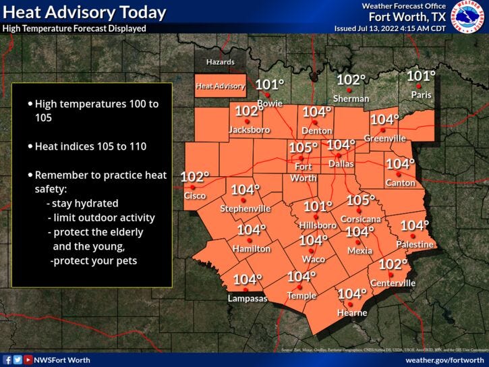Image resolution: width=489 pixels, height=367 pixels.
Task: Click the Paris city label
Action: [421, 95]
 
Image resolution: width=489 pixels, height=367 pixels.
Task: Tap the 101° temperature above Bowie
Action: [270, 85]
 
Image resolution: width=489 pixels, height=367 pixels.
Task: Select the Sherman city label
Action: [351, 98]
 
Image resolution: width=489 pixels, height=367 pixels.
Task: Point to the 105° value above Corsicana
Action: [361, 200]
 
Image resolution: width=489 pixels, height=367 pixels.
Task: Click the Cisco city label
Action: [196, 196]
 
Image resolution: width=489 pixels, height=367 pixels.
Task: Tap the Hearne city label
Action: [352, 313]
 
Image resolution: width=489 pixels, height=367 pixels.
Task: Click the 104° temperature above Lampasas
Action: [247, 279]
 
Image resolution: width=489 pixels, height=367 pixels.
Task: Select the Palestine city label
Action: [415, 244]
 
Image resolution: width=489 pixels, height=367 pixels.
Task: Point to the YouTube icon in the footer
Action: [28, 360]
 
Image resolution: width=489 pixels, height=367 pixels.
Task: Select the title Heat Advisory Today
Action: [84, 12]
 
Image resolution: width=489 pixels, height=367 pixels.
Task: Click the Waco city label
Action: [314, 259]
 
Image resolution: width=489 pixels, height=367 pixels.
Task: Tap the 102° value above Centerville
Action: [393, 264]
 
